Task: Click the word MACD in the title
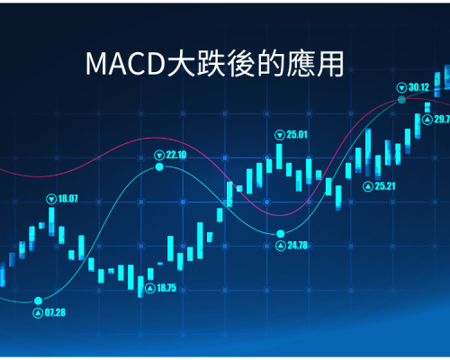tap(126, 64)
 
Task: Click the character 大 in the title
tap(181, 64)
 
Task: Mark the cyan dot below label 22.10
tap(159, 166)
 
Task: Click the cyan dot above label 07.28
tap(38, 301)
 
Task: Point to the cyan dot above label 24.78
tap(281, 233)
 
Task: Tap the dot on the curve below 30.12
tap(401, 100)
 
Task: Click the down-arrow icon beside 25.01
tap(280, 135)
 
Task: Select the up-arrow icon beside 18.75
tap(150, 288)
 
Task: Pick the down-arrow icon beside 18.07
tap(51, 199)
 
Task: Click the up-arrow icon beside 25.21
tap(368, 186)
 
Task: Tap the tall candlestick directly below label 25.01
tap(279, 157)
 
